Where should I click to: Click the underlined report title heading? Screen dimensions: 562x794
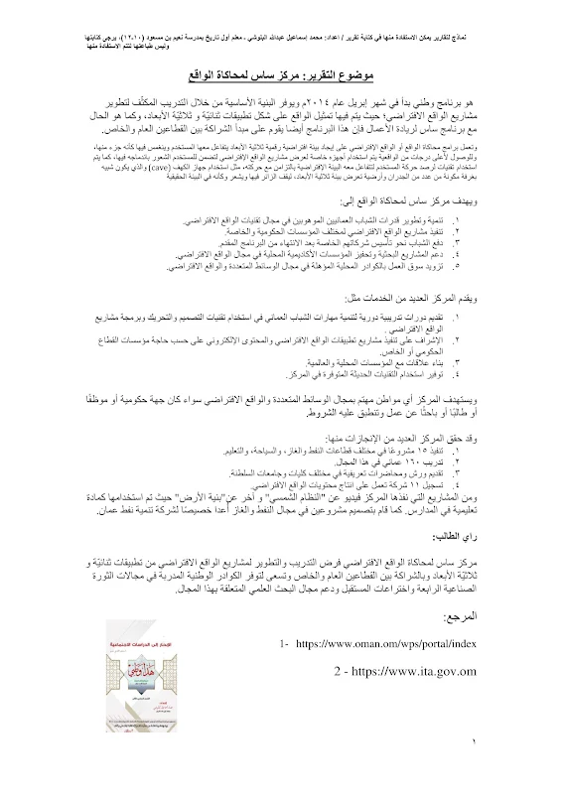[280, 76]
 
